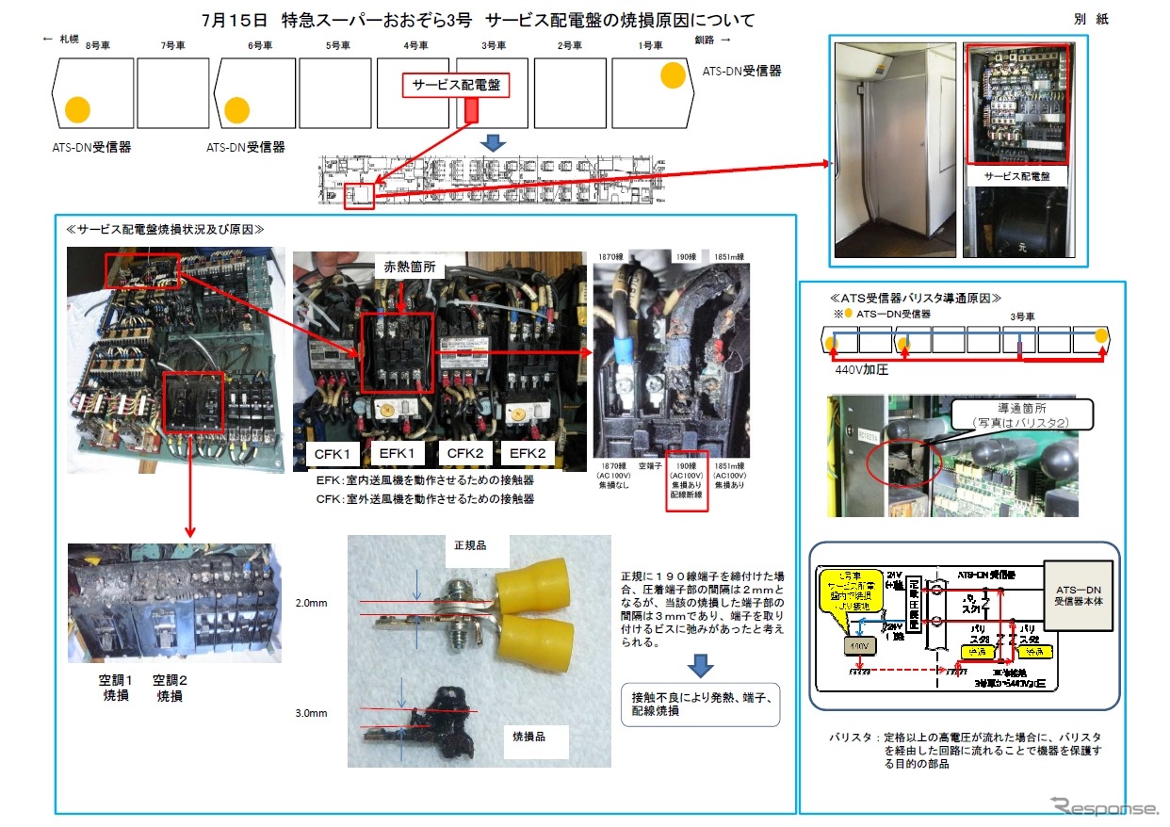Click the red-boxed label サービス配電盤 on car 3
point(456,86)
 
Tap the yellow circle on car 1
point(673,75)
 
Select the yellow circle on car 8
point(77,109)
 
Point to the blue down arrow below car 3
point(494,141)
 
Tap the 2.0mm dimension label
point(312,601)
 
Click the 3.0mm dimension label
point(312,713)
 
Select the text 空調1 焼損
point(117,688)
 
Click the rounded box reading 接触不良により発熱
point(700,705)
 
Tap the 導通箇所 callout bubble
point(1023,415)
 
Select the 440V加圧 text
point(862,371)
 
